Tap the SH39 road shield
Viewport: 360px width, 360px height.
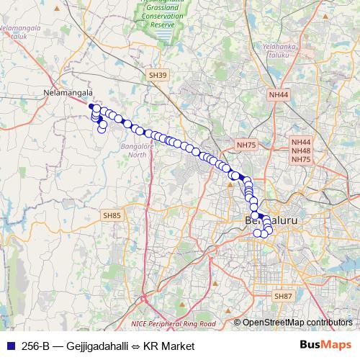pos(157,74)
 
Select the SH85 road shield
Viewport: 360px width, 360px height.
pos(112,215)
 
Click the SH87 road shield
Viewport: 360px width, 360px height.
pos(283,296)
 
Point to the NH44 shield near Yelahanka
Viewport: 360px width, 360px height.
pos(278,94)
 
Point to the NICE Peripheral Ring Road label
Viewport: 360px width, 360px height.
pos(174,324)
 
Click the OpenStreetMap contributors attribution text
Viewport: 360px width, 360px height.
pos(297,322)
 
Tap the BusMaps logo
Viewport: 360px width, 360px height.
pos(325,346)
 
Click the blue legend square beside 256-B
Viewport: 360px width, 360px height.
pos(9,346)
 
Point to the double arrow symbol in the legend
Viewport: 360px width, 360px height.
pos(135,346)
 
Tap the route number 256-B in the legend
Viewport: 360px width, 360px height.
pos(35,346)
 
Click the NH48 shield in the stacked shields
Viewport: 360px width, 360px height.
pos(302,150)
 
